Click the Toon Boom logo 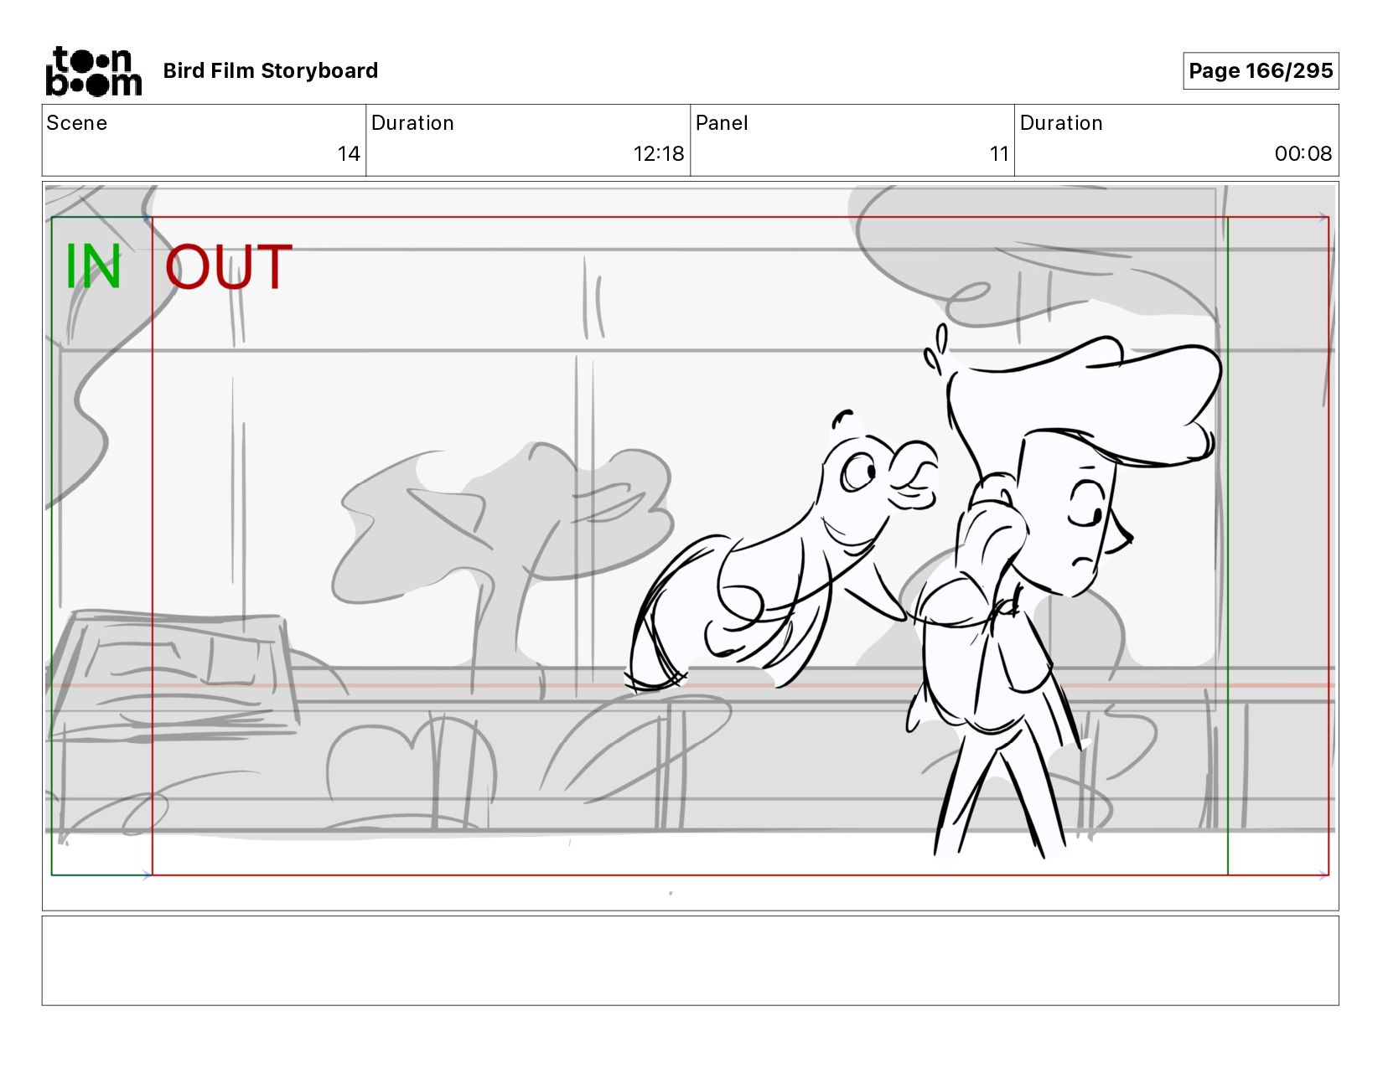[94, 71]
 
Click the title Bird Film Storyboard [271, 70]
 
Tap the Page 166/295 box [1260, 70]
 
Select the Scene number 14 [349, 153]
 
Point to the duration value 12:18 [658, 153]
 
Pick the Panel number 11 [998, 153]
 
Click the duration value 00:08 [1303, 153]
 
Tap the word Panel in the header [722, 123]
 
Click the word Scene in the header [77, 123]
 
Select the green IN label [93, 266]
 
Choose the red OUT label [229, 266]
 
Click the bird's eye [858, 472]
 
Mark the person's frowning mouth [1083, 562]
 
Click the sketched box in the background [172, 675]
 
